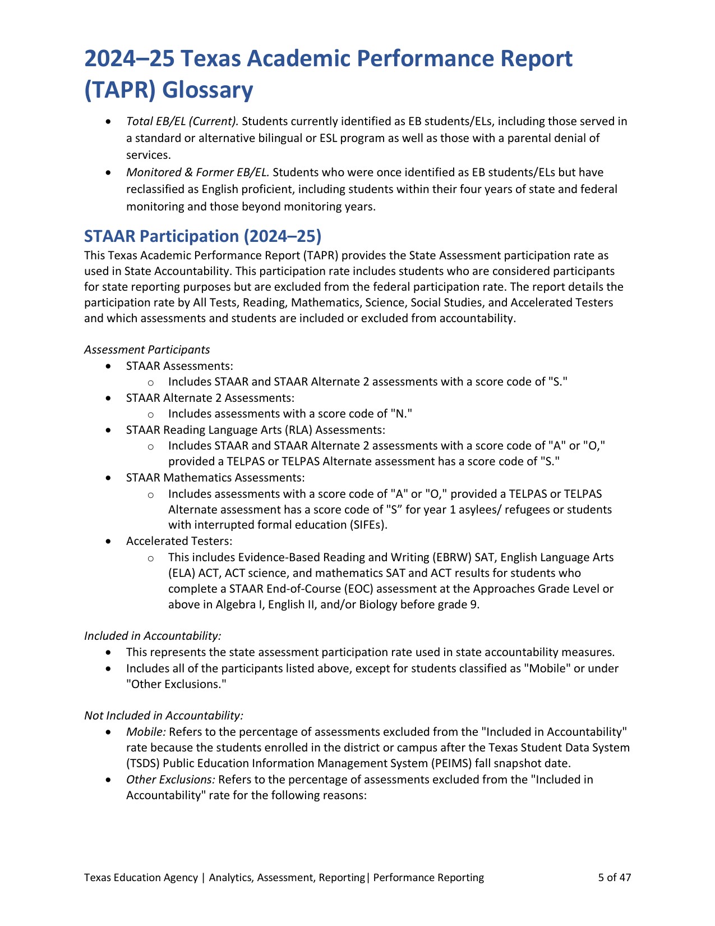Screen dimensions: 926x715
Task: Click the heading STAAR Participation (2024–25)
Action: (202, 236)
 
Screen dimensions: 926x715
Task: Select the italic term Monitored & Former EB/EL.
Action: (198, 172)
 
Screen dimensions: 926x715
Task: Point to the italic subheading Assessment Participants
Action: (147, 350)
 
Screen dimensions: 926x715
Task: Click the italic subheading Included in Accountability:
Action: (153, 636)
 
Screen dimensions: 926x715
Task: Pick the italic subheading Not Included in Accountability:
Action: (164, 716)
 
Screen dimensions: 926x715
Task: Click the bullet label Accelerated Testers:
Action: (179, 541)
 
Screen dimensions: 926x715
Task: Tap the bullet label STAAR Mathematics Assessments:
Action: (215, 478)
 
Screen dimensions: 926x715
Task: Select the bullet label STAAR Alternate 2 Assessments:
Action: (210, 398)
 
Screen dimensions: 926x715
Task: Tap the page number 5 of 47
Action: (615, 878)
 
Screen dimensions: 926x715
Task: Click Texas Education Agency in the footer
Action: (141, 878)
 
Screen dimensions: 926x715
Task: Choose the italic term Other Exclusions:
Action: (170, 780)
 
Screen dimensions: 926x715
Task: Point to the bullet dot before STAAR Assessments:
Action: (109, 366)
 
